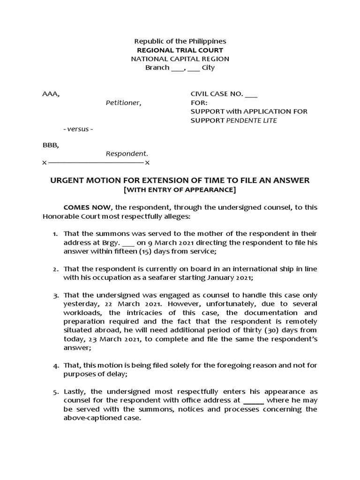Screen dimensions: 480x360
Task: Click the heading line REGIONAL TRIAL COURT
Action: (180, 50)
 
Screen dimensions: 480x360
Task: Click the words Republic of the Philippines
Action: (180, 41)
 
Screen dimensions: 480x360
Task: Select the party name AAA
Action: (50, 94)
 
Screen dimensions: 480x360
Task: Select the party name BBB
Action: (50, 145)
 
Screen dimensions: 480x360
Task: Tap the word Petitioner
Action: (123, 103)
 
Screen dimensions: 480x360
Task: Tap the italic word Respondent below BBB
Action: (127, 154)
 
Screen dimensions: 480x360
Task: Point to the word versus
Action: (78, 129)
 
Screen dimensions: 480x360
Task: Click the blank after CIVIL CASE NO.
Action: (251, 94)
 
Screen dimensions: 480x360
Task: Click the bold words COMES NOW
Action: (87, 207)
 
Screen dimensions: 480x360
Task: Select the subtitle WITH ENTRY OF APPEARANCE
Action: (180, 190)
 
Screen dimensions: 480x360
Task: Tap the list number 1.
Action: (55, 233)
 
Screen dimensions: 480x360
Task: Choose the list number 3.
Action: (55, 295)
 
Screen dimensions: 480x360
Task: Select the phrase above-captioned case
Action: (102, 419)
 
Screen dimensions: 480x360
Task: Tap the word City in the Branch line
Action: (208, 67)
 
